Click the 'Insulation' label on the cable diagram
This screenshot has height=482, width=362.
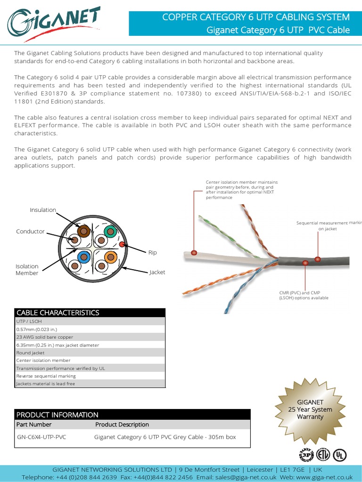pyautogui.click(x=43, y=210)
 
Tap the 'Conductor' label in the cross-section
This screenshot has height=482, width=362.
pyautogui.click(x=30, y=232)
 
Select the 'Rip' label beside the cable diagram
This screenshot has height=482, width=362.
pyautogui.click(x=152, y=253)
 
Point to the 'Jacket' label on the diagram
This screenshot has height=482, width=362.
pyautogui.click(x=157, y=273)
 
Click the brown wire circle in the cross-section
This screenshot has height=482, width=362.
pyautogui.click(x=84, y=231)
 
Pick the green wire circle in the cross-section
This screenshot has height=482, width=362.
pyautogui.click(x=110, y=231)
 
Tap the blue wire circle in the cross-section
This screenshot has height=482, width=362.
pyautogui.click(x=84, y=257)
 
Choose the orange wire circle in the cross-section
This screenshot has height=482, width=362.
pyautogui.click(x=110, y=257)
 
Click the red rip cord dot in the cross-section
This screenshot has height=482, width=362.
pyautogui.click(x=122, y=244)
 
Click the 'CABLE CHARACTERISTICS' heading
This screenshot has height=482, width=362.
pyautogui.click(x=58, y=313)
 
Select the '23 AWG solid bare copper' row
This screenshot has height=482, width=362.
pyautogui.click(x=45, y=337)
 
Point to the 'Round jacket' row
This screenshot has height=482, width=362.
pyautogui.click(x=31, y=353)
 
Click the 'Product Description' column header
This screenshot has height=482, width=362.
pyautogui.click(x=122, y=425)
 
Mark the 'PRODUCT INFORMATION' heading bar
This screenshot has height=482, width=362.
pyautogui.click(x=58, y=415)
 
